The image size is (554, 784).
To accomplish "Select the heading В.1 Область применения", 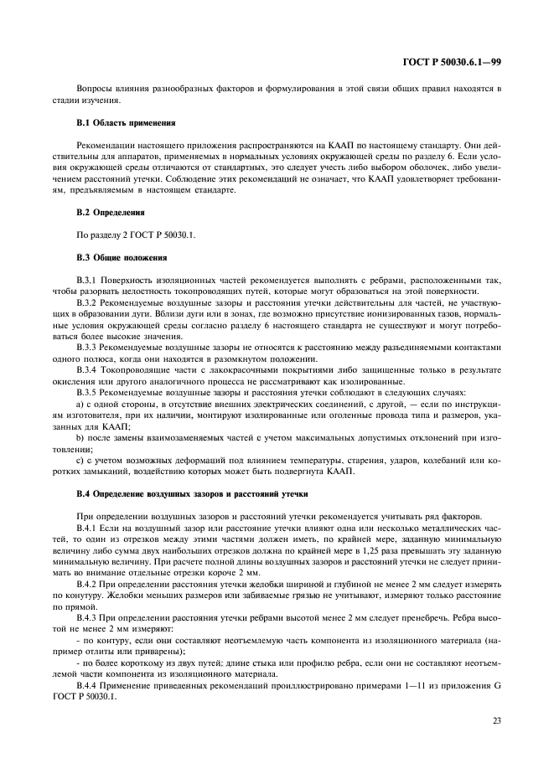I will click(x=125, y=122).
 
